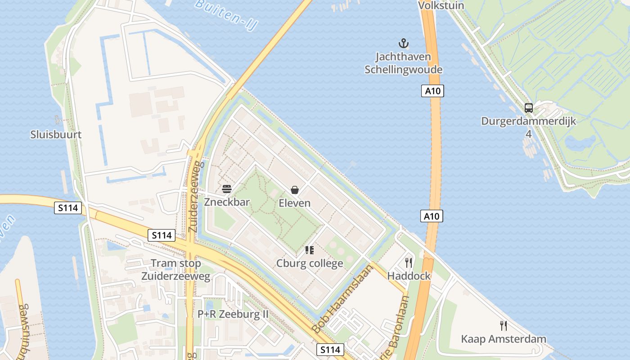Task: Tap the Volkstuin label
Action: [x=441, y=5]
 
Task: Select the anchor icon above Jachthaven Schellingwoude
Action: [x=404, y=44]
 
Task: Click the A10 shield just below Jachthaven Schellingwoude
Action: [x=433, y=91]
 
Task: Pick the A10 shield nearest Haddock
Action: [x=432, y=216]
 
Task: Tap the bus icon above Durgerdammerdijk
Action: [x=529, y=108]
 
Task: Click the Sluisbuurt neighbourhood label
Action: [x=56, y=135]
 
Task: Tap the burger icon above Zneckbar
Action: [x=227, y=189]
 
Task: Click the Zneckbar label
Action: [x=227, y=202]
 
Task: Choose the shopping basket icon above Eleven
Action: [x=295, y=190]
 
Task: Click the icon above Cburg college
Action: [x=309, y=250]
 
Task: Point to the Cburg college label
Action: [x=310, y=263]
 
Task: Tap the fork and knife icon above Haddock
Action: [x=409, y=263]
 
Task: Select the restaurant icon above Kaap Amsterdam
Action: [x=504, y=325]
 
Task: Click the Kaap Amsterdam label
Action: [x=504, y=339]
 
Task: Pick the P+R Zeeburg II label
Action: [x=233, y=314]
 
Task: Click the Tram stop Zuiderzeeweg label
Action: [x=176, y=270]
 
